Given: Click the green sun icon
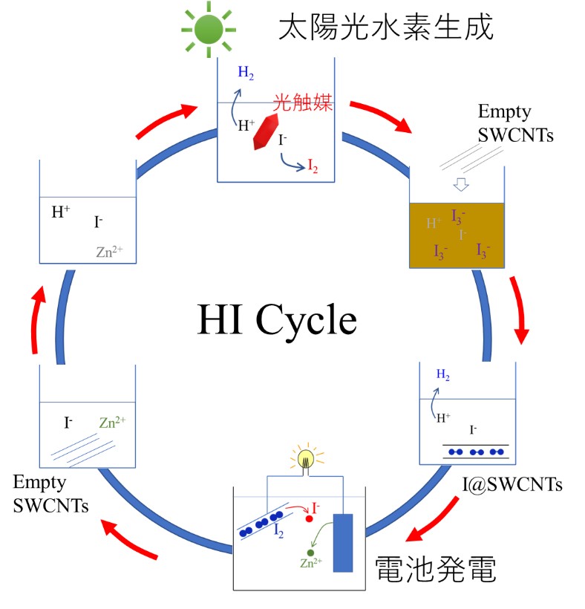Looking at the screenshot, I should (x=209, y=28).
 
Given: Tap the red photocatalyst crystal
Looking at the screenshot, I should (x=265, y=131).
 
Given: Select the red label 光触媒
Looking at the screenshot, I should (x=301, y=102).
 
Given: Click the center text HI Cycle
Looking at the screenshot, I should (x=277, y=321).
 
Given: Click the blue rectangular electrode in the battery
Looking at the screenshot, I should (x=342, y=542).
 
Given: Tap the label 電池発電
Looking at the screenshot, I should (x=435, y=570).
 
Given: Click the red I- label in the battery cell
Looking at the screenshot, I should (x=316, y=509).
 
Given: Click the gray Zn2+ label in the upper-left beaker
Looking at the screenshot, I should (x=109, y=252).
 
